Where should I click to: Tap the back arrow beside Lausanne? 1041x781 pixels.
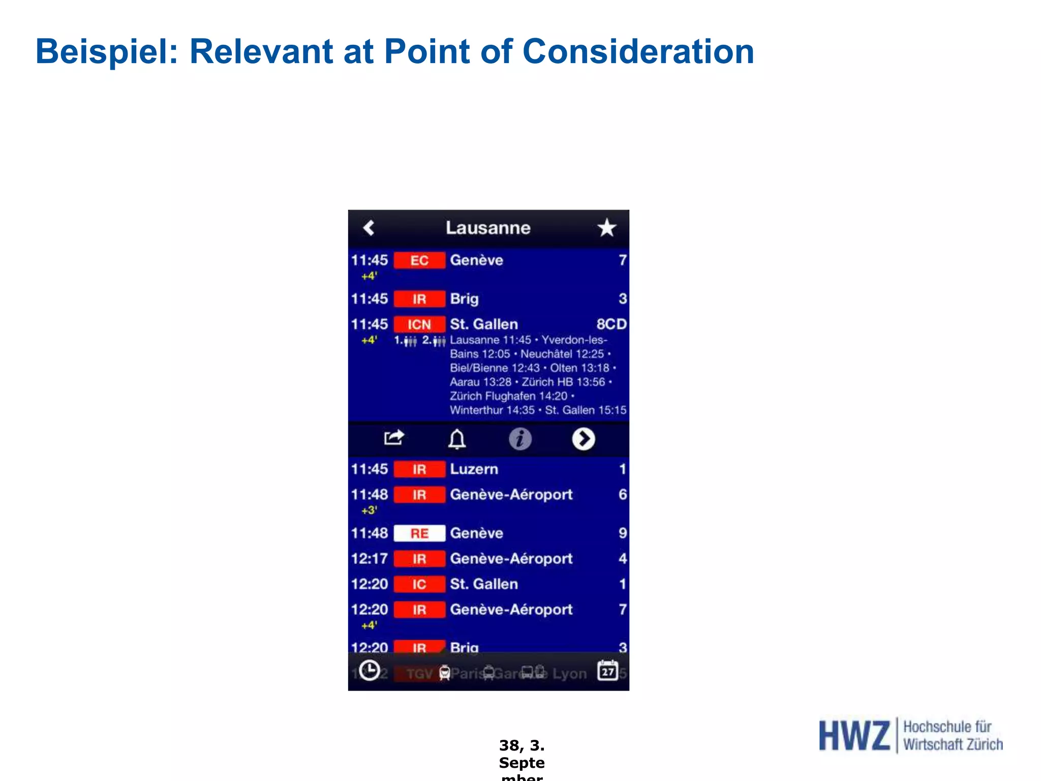[370, 228]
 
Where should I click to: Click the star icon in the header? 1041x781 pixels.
[606, 228]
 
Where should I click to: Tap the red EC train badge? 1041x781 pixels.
[419, 260]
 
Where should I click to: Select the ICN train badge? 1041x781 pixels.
[419, 324]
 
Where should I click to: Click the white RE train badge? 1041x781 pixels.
[419, 533]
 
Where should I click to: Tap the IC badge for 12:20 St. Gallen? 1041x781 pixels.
[419, 584]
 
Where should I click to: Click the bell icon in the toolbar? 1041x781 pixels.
[457, 439]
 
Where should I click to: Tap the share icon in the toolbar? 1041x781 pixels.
[394, 438]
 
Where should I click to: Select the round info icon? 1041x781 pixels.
[520, 439]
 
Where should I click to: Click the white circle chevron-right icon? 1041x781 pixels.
[584, 439]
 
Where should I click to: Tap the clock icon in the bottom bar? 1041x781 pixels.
[370, 671]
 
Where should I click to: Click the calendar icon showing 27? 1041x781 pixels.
[608, 671]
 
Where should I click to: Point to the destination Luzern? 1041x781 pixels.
[474, 469]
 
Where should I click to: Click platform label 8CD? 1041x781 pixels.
[611, 324]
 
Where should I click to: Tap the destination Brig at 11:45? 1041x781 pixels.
[464, 299]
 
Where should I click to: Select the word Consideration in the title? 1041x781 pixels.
[638, 51]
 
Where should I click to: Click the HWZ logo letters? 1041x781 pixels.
[854, 736]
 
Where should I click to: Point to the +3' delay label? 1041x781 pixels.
[370, 510]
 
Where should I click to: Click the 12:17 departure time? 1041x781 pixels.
[370, 559]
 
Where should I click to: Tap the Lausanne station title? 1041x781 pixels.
[488, 228]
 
